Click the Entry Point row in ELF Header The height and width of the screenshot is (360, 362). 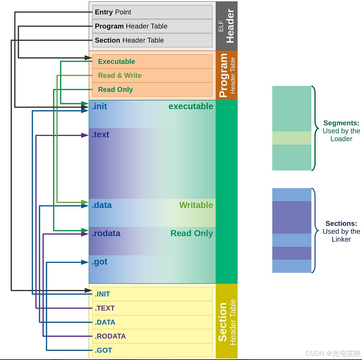point(152,12)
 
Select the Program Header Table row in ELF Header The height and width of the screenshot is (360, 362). point(152,26)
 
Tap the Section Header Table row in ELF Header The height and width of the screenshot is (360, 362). point(152,40)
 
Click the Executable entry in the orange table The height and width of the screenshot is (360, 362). point(152,62)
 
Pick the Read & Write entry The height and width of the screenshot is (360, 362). point(152,75)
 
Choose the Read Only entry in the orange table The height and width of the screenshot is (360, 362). point(152,90)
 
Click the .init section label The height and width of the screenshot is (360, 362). point(100,106)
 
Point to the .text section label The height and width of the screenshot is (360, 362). point(100,134)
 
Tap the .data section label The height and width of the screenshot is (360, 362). point(102,205)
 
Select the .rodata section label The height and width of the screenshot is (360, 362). point(106,233)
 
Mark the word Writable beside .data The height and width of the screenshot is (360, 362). point(196,205)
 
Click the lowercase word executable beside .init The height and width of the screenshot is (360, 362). point(191,106)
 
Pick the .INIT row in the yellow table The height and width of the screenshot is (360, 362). point(152,294)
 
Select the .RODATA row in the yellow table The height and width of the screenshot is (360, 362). point(152,336)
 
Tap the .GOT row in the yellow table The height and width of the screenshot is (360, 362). point(152,350)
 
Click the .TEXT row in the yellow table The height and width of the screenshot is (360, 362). point(152,308)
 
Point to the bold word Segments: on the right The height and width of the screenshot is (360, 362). point(341,123)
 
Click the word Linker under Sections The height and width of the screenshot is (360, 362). point(341,239)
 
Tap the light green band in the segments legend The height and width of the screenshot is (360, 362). point(292,138)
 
